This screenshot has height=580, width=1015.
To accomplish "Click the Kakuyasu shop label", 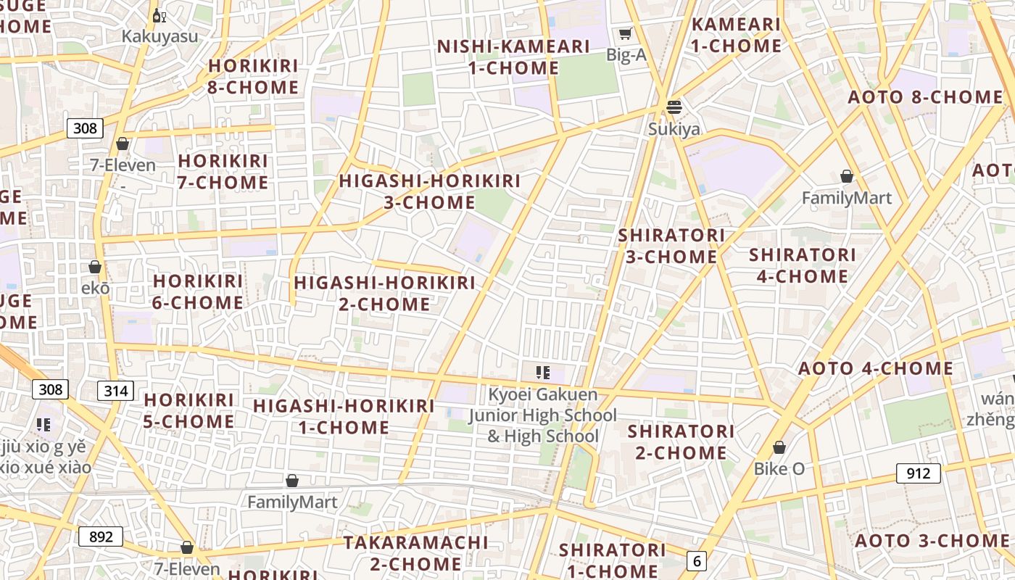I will pos(159,36).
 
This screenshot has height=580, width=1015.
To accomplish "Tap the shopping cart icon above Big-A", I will pos(625,33).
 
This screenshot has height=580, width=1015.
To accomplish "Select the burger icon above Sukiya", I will pos(674,107).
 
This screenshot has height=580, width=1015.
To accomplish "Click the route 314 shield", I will pos(115,391).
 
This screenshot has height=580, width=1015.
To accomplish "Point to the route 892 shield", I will pos(101,536).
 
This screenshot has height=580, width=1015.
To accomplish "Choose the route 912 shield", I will pos(918,473).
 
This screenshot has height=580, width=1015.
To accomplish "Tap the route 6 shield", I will pos(697,560).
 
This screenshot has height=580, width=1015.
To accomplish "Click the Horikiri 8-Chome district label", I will pos(253,77).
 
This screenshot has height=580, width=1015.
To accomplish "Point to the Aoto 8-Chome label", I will pos(925,97).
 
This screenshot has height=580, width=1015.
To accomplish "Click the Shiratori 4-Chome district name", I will pos(802,265).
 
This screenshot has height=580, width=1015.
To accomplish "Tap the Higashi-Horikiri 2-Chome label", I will pos(384,293).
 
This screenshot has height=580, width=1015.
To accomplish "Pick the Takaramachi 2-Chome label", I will pos(415,553).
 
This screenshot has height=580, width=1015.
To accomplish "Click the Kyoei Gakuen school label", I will pos(542,415).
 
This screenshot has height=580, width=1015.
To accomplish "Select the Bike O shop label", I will pos(779,468).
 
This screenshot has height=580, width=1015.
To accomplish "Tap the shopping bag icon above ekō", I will pos(95,267).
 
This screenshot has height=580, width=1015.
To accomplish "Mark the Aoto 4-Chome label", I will pos(876,368).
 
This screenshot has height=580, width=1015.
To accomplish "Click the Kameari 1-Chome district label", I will pos(736,35).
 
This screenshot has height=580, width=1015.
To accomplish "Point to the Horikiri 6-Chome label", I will pos(197,291).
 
